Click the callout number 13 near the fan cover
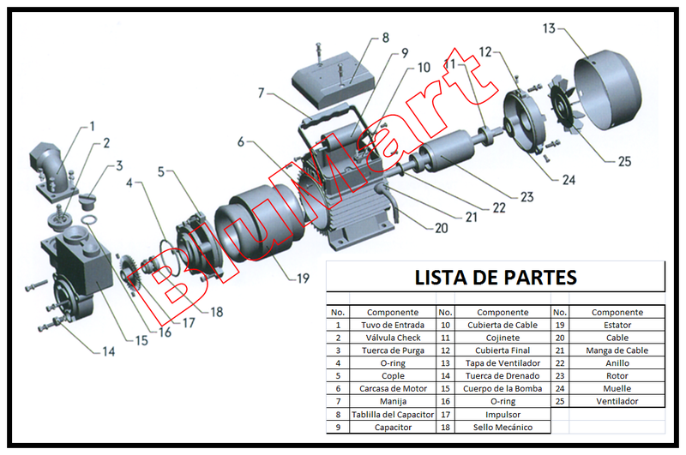[549, 28]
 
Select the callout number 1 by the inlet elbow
[92, 127]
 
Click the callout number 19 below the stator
[303, 278]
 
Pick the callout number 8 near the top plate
[386, 38]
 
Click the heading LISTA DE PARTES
[496, 278]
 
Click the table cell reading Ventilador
[617, 401]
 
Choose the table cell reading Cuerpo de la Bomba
[503, 388]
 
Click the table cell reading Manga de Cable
[617, 350]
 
